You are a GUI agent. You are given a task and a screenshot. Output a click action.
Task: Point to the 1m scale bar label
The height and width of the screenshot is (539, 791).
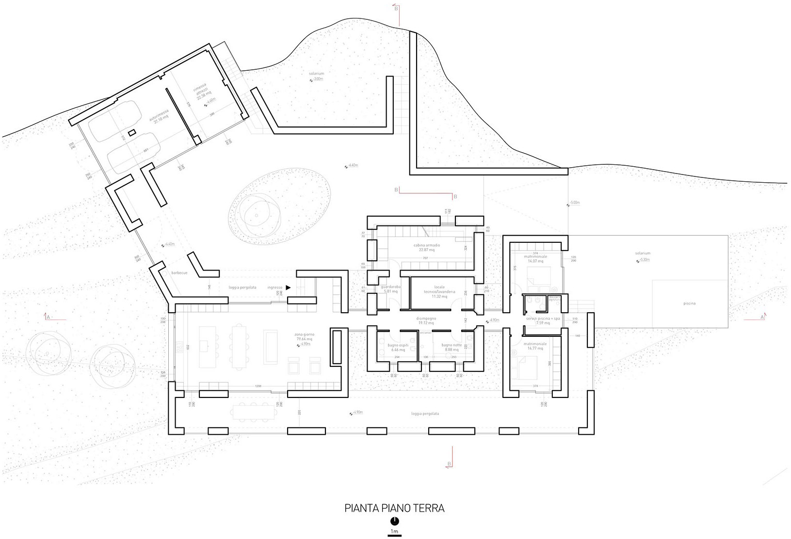395,532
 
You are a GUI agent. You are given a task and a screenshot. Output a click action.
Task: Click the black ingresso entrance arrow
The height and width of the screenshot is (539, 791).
288,287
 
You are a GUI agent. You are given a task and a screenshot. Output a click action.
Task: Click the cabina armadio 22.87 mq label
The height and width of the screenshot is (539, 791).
426,248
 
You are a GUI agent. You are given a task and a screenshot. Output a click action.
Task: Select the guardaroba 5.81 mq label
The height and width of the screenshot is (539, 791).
391,289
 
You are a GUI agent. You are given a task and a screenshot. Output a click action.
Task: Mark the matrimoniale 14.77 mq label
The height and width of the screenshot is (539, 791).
536,346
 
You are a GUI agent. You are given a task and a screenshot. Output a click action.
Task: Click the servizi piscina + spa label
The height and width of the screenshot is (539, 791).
543,320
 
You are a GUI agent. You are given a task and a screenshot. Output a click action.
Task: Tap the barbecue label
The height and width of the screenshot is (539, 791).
178,273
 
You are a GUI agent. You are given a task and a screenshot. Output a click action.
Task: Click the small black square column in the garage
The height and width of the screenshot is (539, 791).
131,132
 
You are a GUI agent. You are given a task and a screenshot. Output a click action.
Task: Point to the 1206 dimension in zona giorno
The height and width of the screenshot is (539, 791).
258,386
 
